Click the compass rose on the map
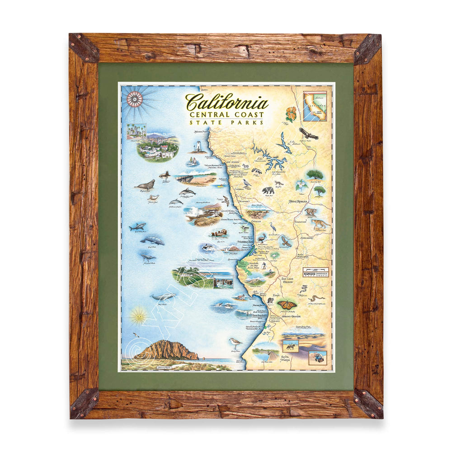pyautogui.click(x=134, y=98)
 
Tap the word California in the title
pyautogui.click(x=226, y=102)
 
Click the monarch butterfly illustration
pyautogui.click(x=287, y=304)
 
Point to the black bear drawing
pyautogui.click(x=268, y=190)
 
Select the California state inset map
pyautogui.click(x=315, y=106)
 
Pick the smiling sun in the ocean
pyautogui.click(x=139, y=315)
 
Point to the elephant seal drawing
pyautogui.click(x=145, y=184)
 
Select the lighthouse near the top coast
pyautogui.click(x=198, y=144)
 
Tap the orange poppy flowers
pyautogui.click(x=291, y=114)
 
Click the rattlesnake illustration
pyautogui.click(x=316, y=298)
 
